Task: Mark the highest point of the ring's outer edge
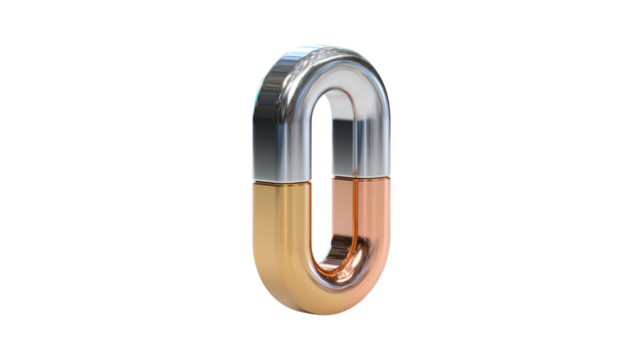click(x=320, y=44)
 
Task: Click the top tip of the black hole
click(x=321, y=100)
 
